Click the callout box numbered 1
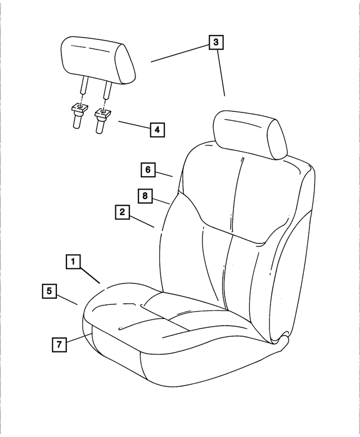pyautogui.click(x=73, y=262)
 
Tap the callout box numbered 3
pyautogui.click(x=216, y=42)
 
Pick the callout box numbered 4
pyautogui.click(x=157, y=130)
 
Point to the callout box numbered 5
pyautogui.click(x=49, y=291)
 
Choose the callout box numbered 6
pyautogui.click(x=147, y=169)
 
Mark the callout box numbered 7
pyautogui.click(x=58, y=344)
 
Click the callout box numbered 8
pyautogui.click(x=145, y=195)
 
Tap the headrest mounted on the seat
pyautogui.click(x=249, y=135)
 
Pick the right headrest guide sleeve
pyautogui.click(x=102, y=119)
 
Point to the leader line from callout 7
pyautogui.click(x=78, y=339)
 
